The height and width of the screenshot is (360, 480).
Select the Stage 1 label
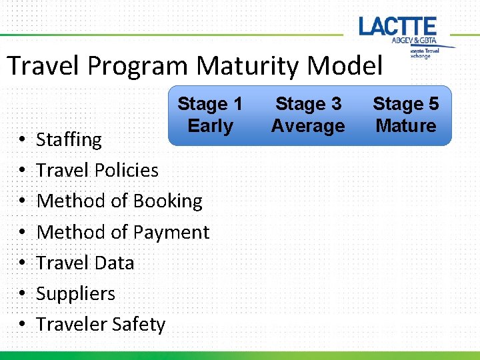(x=210, y=104)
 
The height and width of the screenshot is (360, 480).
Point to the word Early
(x=210, y=126)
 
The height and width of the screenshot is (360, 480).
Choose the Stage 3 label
(x=308, y=104)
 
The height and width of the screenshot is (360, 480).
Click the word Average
(x=308, y=126)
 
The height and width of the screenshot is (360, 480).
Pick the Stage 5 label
(x=405, y=104)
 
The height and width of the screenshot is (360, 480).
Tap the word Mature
(x=405, y=126)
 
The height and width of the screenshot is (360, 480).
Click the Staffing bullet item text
(x=69, y=140)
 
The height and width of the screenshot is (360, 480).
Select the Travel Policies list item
(x=97, y=171)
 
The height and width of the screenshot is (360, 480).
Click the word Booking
(x=167, y=201)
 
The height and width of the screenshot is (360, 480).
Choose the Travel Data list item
(x=85, y=263)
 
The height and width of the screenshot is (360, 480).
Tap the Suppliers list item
(x=75, y=293)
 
